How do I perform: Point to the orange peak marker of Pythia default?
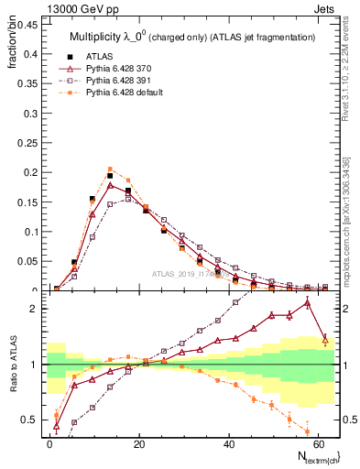[110, 169]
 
